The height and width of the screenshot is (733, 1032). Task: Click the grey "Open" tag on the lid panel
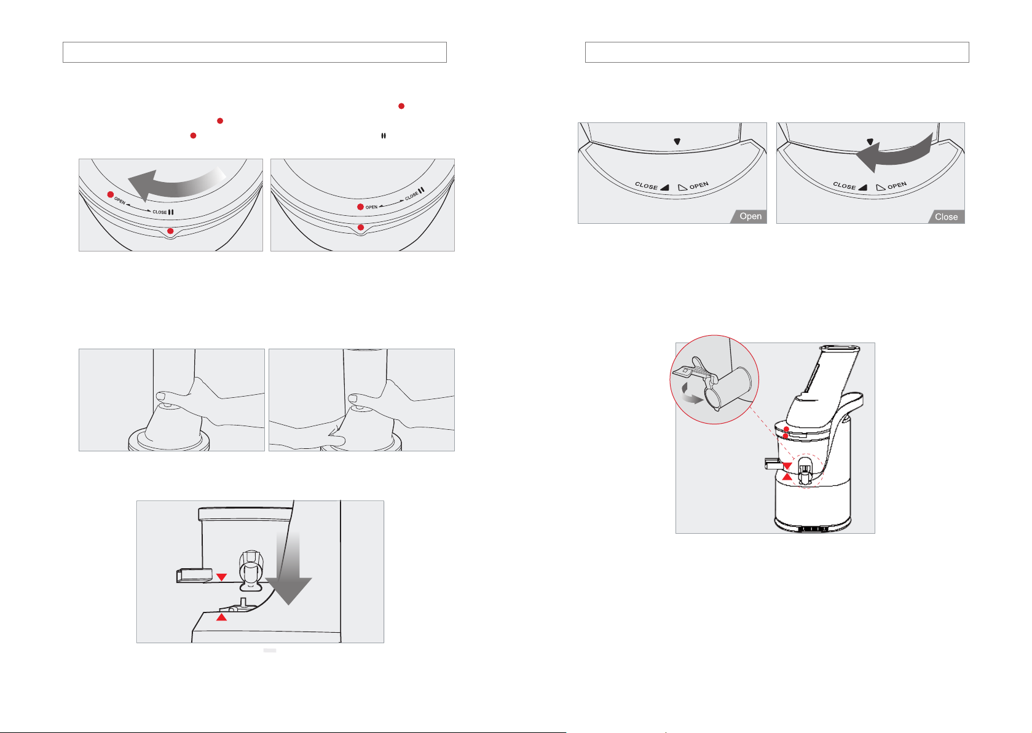coord(749,216)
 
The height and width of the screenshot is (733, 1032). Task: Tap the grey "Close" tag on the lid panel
coord(947,216)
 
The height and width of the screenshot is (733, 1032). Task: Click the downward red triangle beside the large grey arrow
coord(222,577)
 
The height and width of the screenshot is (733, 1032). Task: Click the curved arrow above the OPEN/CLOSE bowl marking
coord(176,183)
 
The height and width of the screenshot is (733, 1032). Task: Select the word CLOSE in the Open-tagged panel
coord(646,186)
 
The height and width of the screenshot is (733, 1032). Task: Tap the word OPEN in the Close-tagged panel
coord(897,186)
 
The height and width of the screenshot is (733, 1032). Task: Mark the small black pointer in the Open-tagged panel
coord(677,141)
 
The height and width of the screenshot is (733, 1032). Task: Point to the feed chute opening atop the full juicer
coord(840,349)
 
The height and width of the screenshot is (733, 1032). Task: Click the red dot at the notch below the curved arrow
coord(170,231)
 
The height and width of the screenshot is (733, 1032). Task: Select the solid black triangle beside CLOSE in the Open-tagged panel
coord(665,188)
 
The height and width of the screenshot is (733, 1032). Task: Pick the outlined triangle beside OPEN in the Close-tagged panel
coord(880,187)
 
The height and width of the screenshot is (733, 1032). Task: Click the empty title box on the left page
coord(255,52)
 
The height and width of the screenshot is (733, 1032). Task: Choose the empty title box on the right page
coord(777,52)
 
